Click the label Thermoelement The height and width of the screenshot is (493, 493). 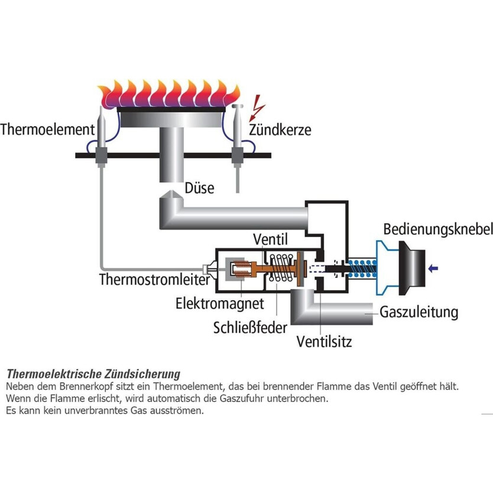(x=48, y=129)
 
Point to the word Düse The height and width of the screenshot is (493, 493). (x=199, y=187)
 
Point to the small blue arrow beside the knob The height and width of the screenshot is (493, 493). (x=434, y=268)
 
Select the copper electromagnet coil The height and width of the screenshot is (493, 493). (x=239, y=271)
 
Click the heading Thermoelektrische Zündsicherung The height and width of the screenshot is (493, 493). (x=93, y=374)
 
